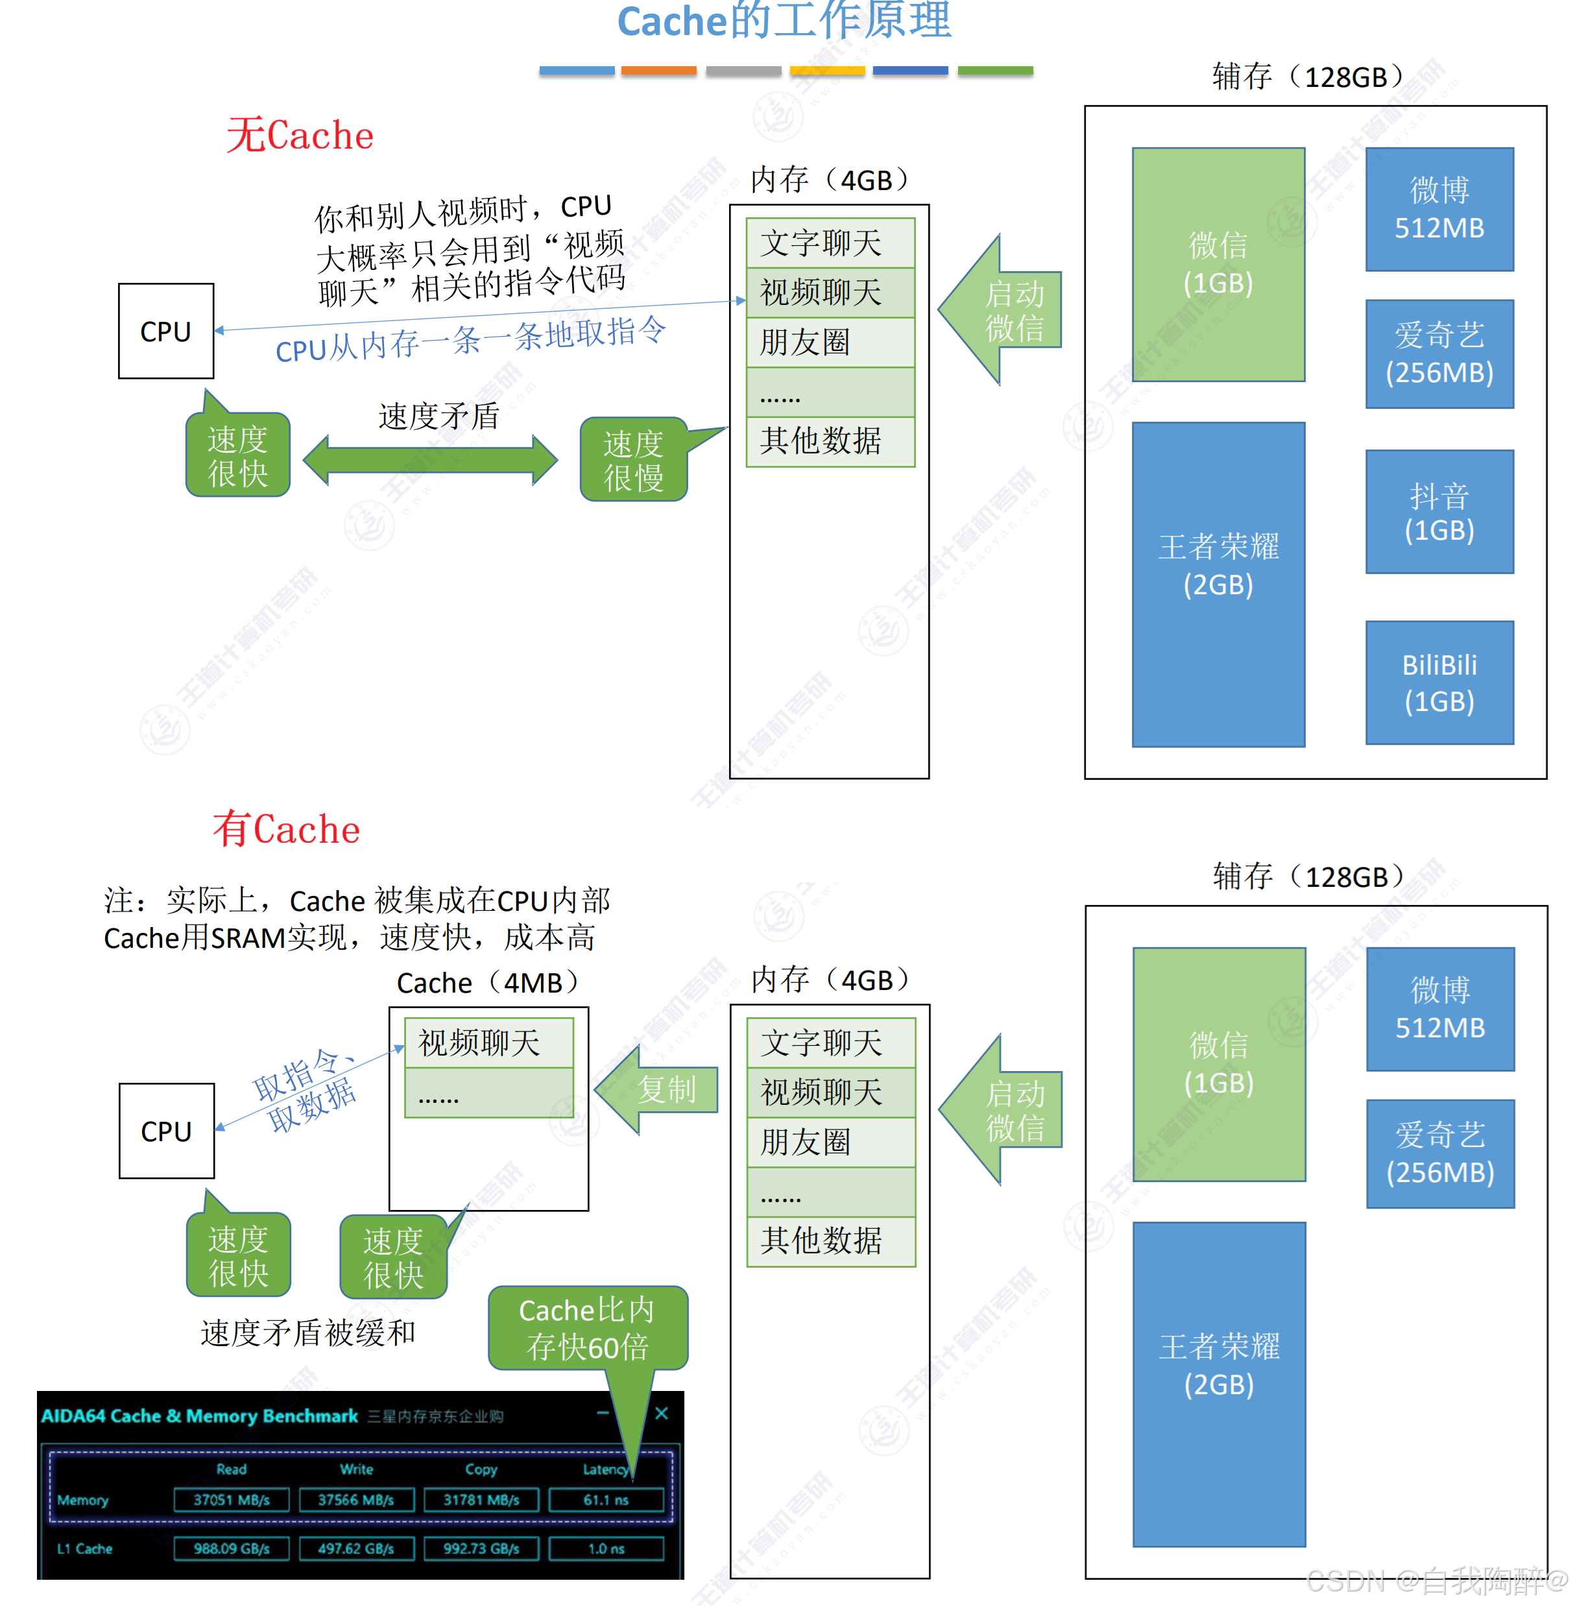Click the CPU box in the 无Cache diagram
click(166, 331)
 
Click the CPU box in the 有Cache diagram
click(167, 1131)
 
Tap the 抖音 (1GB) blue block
click(1439, 512)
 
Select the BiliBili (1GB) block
click(1439, 683)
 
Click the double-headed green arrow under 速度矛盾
click(430, 460)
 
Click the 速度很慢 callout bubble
click(633, 461)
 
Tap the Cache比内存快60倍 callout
click(588, 1328)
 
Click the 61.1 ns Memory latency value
click(606, 1500)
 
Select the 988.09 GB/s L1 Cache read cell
click(231, 1549)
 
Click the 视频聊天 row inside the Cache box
click(488, 1043)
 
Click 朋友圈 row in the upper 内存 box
click(830, 343)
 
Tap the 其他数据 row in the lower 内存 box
click(831, 1240)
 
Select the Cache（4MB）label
click(488, 983)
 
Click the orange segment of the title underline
click(658, 71)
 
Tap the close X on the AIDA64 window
click(661, 1414)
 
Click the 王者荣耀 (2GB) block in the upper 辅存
click(1218, 585)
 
